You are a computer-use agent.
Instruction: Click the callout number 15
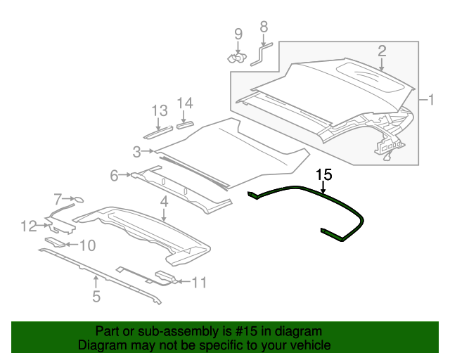324,174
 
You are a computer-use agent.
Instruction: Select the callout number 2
382,51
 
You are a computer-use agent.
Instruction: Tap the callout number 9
238,34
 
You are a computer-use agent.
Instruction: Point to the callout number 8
264,27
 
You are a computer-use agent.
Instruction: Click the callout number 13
160,110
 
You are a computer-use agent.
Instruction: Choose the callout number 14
185,103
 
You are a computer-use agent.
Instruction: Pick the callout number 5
96,296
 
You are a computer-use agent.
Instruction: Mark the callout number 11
199,283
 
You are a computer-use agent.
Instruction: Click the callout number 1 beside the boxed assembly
431,100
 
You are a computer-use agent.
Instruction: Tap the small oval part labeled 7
79,200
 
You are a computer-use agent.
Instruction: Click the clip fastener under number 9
237,58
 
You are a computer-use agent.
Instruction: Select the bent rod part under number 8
261,54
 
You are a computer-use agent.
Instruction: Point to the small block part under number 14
185,125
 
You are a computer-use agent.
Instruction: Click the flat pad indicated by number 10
56,242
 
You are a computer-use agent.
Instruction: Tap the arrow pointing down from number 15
323,187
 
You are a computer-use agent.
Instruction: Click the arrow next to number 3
148,150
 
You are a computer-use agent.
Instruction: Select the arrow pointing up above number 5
96,281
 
